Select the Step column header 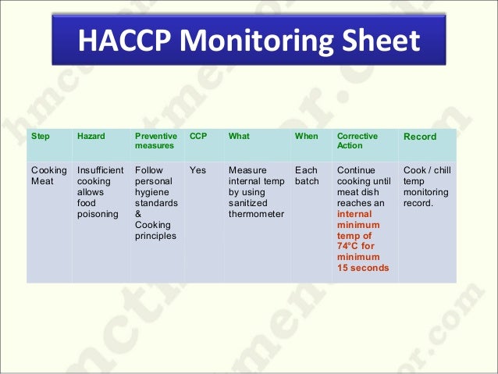(40, 137)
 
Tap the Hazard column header (91, 137)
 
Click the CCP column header (198, 137)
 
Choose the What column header (239, 137)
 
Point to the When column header (307, 137)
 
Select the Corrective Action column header (357, 141)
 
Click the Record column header (419, 137)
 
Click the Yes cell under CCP (198, 169)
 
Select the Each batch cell (308, 175)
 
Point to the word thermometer (256, 214)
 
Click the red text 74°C (348, 246)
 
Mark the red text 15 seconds (362, 268)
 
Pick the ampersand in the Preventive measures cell (138, 214)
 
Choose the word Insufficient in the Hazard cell (100, 169)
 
